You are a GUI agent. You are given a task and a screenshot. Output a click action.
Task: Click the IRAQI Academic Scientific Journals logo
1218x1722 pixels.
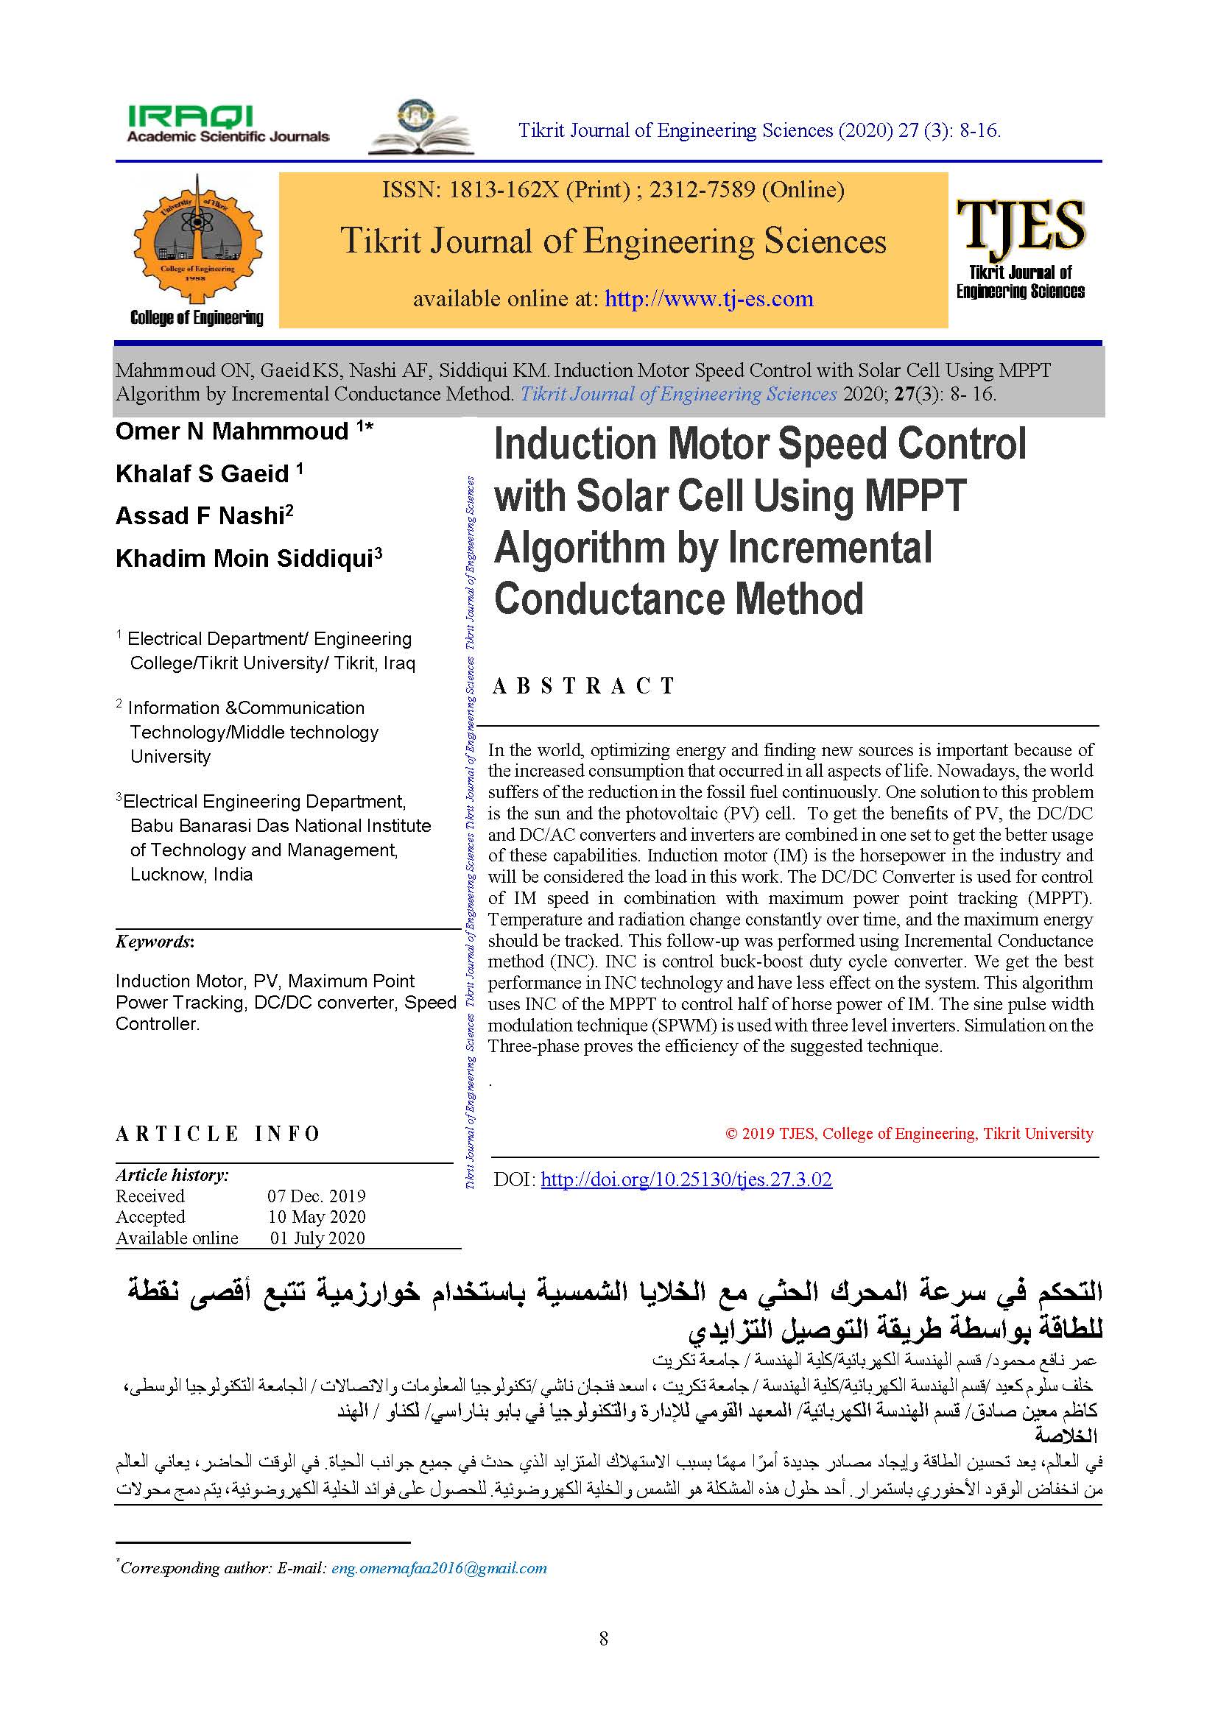coord(228,124)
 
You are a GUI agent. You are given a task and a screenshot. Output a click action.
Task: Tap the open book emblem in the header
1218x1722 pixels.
coord(420,127)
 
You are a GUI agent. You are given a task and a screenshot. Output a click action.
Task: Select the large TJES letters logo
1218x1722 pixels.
coord(1020,225)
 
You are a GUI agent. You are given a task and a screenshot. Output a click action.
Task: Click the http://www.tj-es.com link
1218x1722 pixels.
coord(708,298)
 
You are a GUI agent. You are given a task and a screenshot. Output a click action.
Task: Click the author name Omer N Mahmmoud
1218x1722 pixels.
coord(232,431)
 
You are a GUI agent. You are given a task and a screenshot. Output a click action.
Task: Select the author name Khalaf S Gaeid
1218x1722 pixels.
coord(202,474)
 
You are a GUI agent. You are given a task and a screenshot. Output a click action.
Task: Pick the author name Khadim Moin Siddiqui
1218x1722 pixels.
coord(244,559)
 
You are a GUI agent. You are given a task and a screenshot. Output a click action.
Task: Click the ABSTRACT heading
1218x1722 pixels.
coord(583,685)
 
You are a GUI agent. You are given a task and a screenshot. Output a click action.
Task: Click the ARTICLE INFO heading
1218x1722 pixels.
coord(217,1134)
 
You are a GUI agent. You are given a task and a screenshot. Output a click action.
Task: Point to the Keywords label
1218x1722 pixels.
coord(155,942)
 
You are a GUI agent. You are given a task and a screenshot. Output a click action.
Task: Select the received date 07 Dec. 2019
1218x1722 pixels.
coord(317,1196)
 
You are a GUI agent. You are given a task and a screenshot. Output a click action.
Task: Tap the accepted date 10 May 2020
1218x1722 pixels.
coord(317,1216)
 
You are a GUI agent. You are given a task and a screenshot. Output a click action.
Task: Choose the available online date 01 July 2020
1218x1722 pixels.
coord(317,1238)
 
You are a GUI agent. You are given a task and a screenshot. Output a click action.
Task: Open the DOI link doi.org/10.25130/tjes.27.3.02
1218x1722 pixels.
coord(686,1179)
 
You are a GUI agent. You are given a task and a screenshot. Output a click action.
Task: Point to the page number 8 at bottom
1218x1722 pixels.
coord(604,1640)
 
